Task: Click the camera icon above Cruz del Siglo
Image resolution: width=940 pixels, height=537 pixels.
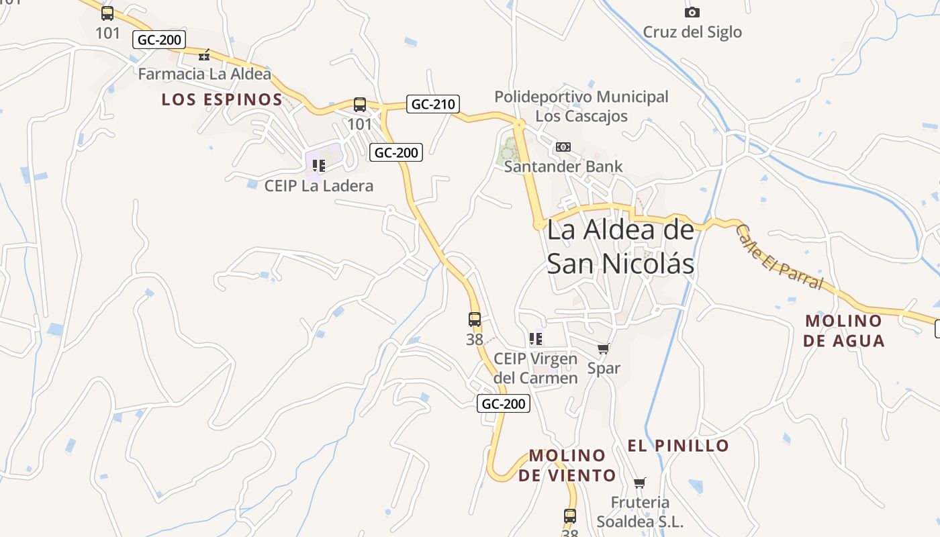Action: point(692,12)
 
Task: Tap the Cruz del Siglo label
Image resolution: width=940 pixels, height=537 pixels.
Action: point(692,32)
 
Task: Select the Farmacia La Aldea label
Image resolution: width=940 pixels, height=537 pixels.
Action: point(204,74)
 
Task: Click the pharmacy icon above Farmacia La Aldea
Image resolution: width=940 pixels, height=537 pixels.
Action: point(204,55)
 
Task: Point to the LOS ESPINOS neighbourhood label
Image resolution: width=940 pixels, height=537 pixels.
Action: point(222,100)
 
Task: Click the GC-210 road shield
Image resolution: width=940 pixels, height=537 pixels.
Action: point(433,104)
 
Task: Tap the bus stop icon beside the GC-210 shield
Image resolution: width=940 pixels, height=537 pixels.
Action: point(360,105)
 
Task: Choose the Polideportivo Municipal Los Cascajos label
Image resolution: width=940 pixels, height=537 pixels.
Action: point(581,106)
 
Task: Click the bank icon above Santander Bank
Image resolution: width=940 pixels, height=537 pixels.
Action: point(563,147)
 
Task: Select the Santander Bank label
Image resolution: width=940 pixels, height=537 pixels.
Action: point(563,166)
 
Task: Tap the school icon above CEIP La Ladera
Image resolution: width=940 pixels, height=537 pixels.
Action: point(318,165)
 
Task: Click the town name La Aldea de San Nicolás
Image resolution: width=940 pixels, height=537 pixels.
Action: point(620,247)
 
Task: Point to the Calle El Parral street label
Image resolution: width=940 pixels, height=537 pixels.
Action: point(779,256)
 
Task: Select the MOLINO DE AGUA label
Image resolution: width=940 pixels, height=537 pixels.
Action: point(843,330)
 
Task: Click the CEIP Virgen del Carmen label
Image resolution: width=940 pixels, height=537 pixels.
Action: point(535,368)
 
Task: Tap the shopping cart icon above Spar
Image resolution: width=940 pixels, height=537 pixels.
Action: point(604,349)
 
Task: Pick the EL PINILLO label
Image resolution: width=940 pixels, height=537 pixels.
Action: point(678,445)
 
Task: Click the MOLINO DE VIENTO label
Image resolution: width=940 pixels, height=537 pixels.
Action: point(567,465)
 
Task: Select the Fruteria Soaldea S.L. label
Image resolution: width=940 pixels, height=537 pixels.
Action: point(640,511)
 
